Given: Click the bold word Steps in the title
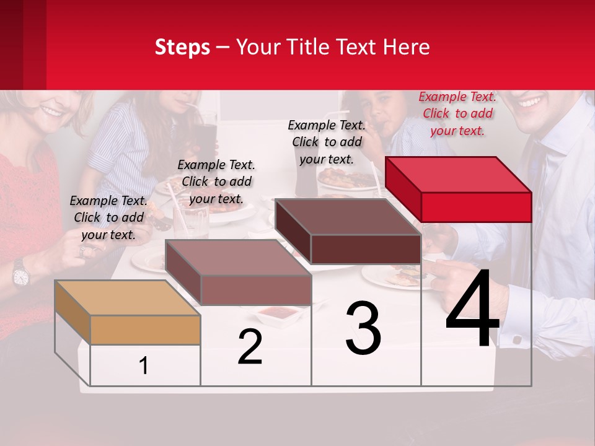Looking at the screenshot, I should [182, 47].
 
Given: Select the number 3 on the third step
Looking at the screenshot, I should [363, 328].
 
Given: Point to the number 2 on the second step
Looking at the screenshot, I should [250, 347].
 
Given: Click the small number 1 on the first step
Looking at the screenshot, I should [144, 366].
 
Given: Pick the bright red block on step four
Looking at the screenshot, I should [459, 189].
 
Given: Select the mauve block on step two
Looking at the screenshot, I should [239, 272].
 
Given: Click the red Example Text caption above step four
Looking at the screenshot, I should [457, 113].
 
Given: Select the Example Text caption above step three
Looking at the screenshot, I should [327, 142].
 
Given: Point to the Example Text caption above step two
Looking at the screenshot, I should [216, 181].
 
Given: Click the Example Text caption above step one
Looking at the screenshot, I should [108, 217].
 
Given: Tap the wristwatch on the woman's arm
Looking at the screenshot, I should [20, 273].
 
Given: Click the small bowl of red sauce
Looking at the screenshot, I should [278, 313].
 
